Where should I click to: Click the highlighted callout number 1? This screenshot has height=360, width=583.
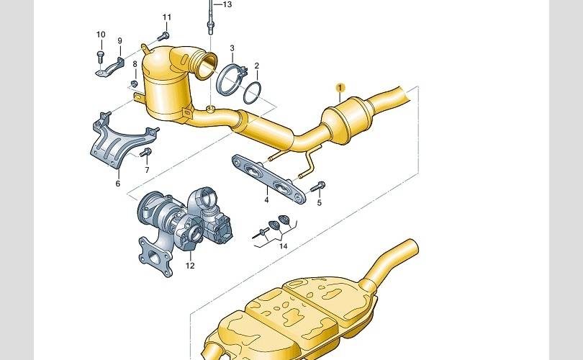340,88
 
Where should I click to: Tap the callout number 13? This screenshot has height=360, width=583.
227,4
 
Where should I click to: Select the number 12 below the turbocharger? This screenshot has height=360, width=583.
190,266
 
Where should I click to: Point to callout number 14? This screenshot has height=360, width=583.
284,246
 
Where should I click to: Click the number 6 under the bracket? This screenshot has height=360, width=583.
118,184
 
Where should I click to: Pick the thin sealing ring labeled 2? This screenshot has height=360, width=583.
252,93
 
